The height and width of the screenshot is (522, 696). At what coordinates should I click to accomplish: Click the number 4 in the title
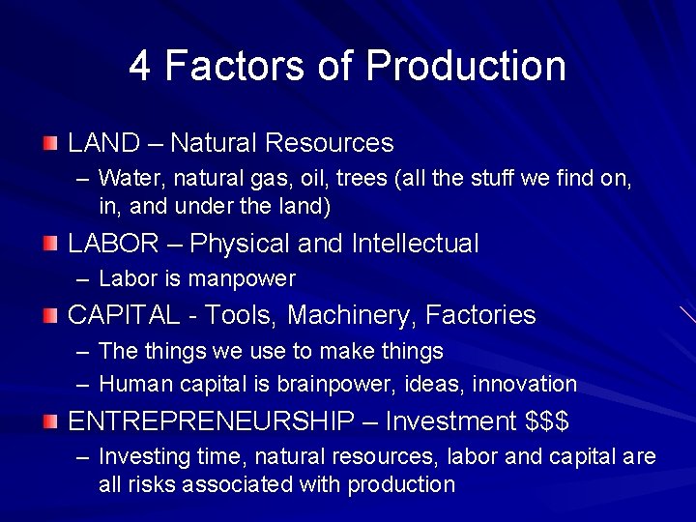[140, 66]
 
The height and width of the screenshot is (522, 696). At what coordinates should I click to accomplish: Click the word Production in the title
[466, 66]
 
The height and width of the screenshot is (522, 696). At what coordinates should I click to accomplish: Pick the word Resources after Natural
[329, 143]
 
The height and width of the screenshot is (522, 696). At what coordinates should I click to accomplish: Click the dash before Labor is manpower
[84, 279]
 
